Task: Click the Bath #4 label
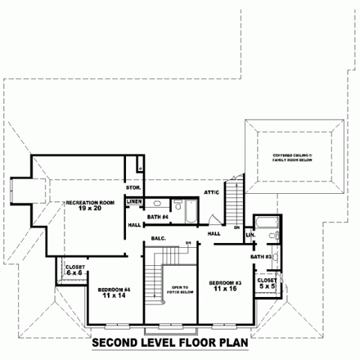(x=158, y=216)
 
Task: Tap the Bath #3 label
(x=261, y=256)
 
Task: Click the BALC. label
(x=160, y=239)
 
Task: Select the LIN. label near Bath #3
(x=250, y=237)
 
